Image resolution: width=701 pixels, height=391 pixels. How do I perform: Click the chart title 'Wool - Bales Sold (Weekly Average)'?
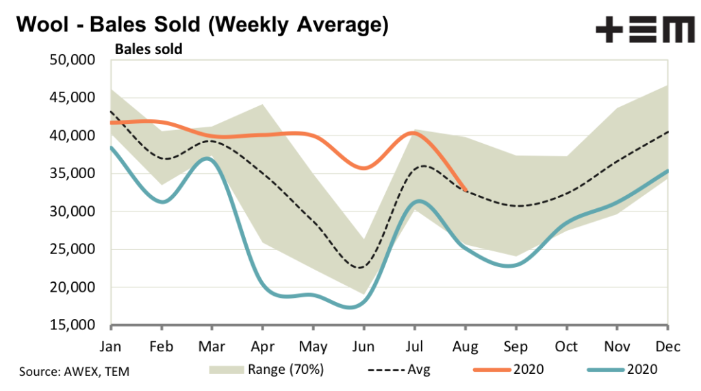click(x=202, y=25)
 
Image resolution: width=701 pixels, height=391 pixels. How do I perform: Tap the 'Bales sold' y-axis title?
click(x=149, y=49)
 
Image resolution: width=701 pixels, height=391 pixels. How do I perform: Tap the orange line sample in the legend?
click(x=492, y=370)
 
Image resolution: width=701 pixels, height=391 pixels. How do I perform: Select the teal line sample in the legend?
click(x=604, y=370)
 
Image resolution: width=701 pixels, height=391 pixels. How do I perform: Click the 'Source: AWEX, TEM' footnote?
click(x=74, y=371)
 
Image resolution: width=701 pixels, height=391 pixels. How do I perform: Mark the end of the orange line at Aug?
click(x=466, y=190)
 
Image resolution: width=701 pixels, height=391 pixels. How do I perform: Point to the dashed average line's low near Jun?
click(x=359, y=268)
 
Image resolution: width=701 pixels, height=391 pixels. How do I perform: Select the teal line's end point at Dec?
click(x=668, y=171)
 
